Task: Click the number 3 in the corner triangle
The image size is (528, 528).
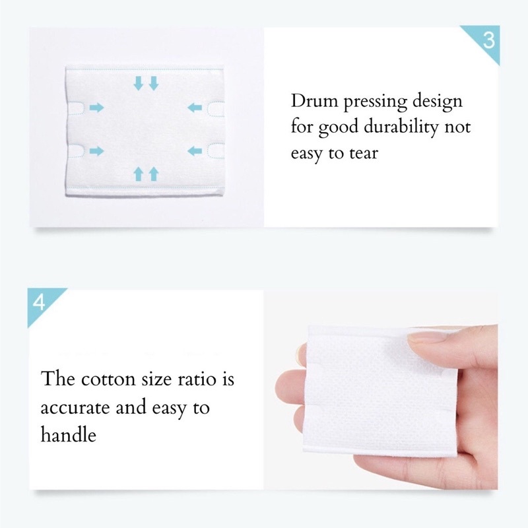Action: [488, 40]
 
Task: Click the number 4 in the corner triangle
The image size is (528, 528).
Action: [39, 302]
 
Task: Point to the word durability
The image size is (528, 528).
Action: [402, 127]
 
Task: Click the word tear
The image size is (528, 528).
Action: [364, 154]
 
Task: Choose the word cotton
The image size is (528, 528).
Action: [108, 379]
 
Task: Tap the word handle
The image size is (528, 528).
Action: [69, 434]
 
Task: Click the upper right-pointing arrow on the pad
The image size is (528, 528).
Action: [97, 108]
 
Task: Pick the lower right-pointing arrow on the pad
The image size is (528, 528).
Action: [97, 151]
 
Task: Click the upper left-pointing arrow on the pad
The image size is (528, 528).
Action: [195, 108]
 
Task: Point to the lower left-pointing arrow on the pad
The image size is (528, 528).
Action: [195, 151]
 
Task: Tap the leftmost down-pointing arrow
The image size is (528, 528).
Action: [138, 83]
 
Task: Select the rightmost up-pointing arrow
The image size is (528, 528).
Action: [154, 174]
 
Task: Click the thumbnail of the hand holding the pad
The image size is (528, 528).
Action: [381, 390]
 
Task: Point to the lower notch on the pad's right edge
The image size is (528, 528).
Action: [216, 151]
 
